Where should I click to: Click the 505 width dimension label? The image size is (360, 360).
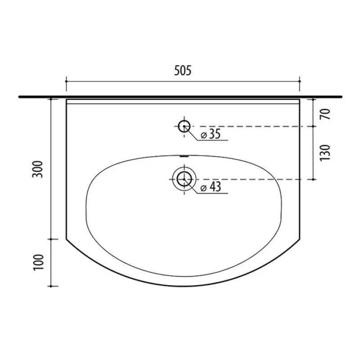183,70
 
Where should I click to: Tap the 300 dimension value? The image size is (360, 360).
38,169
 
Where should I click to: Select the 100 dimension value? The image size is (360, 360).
38,262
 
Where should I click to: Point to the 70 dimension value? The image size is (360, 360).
325,114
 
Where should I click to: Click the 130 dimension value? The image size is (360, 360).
325,153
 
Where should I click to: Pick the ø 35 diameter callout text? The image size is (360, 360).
211,134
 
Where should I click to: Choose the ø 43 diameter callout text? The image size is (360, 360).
211,187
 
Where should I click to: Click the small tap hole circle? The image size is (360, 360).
184,126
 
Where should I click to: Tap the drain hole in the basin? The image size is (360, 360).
184,179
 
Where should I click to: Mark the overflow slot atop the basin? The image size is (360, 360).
184,156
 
